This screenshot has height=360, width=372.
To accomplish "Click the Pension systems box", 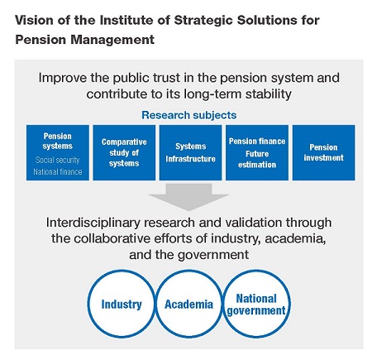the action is [58, 152].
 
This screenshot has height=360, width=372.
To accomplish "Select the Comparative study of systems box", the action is [124, 152].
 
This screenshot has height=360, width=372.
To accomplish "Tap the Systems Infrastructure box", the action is [190, 152].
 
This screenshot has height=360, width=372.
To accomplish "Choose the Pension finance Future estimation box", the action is [257, 152].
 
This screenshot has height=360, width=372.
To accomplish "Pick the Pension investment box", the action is [324, 152].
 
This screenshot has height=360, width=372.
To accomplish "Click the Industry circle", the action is [88, 304].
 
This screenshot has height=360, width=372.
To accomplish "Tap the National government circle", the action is [290, 304].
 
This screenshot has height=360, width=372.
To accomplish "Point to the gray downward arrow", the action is [188, 197].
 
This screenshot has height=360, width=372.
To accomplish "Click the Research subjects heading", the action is [189, 115].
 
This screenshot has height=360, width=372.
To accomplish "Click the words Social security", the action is [57, 160].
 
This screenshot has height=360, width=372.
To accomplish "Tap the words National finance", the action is [58, 172].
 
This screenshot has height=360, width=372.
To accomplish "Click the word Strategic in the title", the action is [203, 21].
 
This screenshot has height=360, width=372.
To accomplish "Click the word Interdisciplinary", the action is [93, 223].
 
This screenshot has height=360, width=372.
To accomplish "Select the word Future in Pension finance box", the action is [257, 154].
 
